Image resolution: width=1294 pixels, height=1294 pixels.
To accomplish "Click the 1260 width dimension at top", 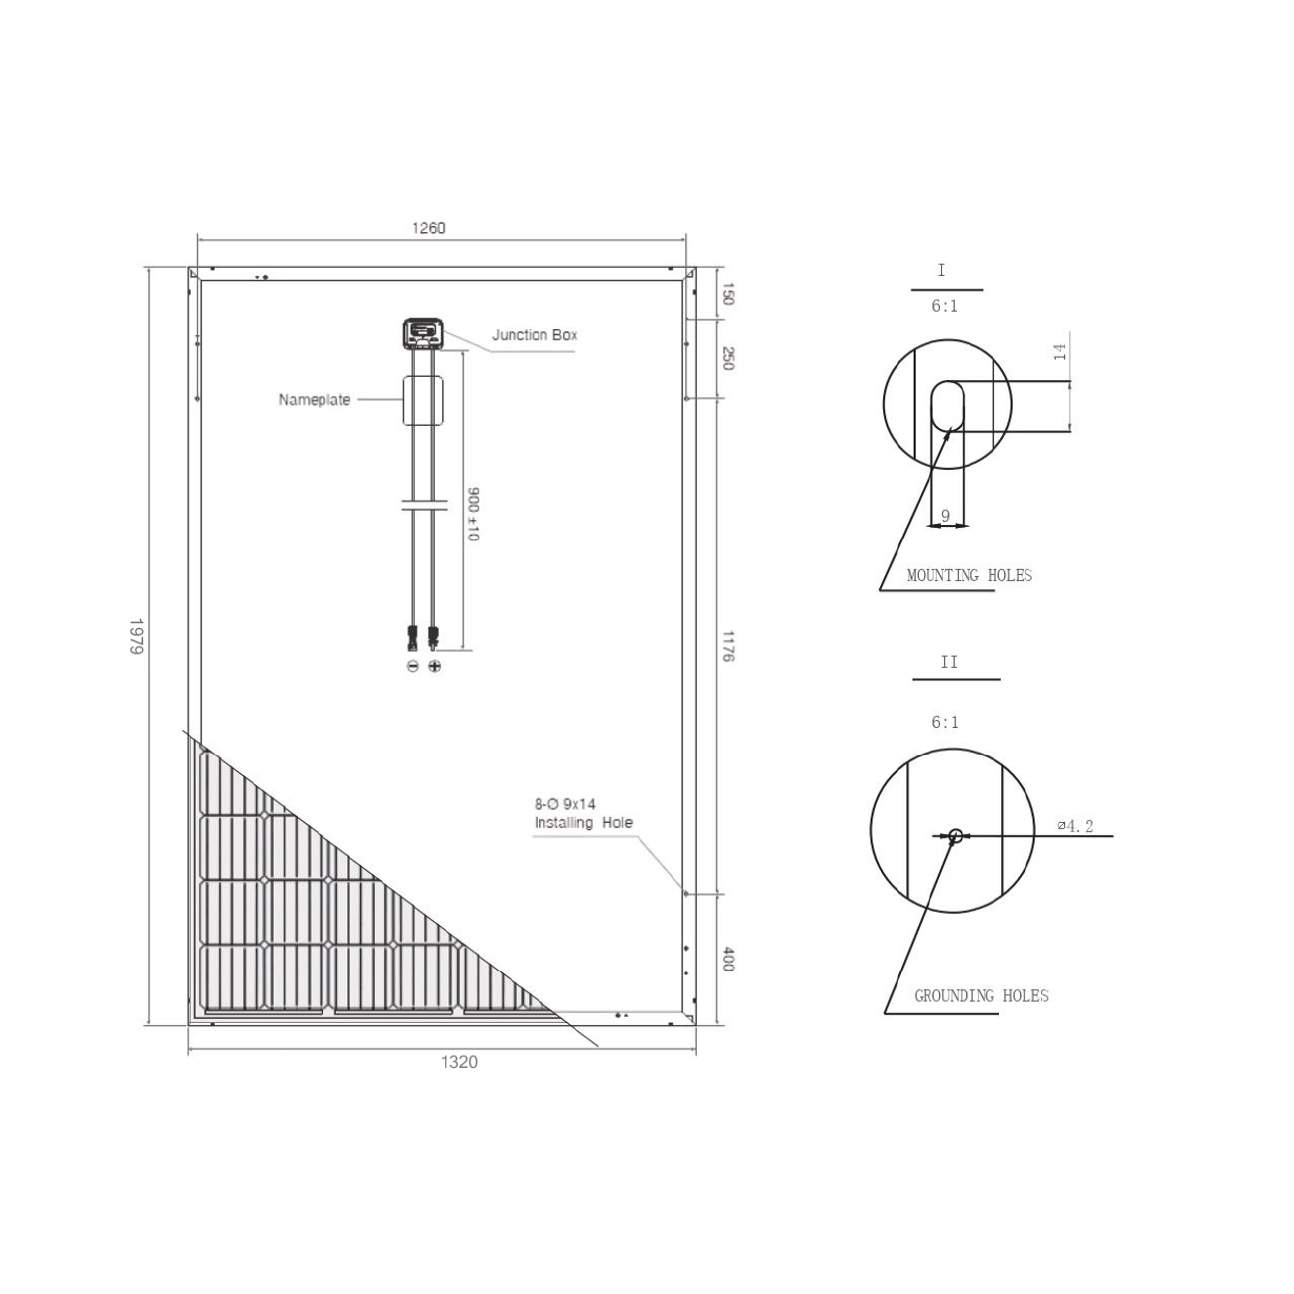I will pos(429,228).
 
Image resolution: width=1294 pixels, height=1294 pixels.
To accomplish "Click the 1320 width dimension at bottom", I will pos(459,1062).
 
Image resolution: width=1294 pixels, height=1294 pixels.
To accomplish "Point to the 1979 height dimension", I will pos(137,636).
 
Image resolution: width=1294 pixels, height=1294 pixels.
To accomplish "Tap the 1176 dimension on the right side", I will pos(727,645).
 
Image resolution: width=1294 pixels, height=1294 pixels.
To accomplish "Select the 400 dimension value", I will pos(727,960).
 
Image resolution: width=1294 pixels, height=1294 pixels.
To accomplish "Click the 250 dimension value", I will pos(727,358).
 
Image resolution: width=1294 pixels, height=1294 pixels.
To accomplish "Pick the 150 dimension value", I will pos(727,294).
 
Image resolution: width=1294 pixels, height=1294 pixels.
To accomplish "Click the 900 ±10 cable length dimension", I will pos(474,515).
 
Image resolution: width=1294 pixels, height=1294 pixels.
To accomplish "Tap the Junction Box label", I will pos(535,335).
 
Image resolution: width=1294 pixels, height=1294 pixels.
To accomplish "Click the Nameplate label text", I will pos(315,400).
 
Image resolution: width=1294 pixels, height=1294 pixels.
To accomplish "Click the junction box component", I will pos(423,332).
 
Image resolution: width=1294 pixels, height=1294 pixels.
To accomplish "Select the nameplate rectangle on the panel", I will pos(422,401).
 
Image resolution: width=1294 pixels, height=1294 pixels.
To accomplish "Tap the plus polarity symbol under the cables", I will pos(434,665).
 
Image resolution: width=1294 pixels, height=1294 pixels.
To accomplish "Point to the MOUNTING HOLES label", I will pos(969,575).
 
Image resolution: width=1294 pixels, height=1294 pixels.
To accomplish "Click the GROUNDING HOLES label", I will pos(980,995).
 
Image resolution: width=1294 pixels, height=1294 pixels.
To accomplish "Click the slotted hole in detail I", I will pos(947,407).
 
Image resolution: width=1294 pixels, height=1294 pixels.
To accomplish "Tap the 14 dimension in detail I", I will pos(1061,351).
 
